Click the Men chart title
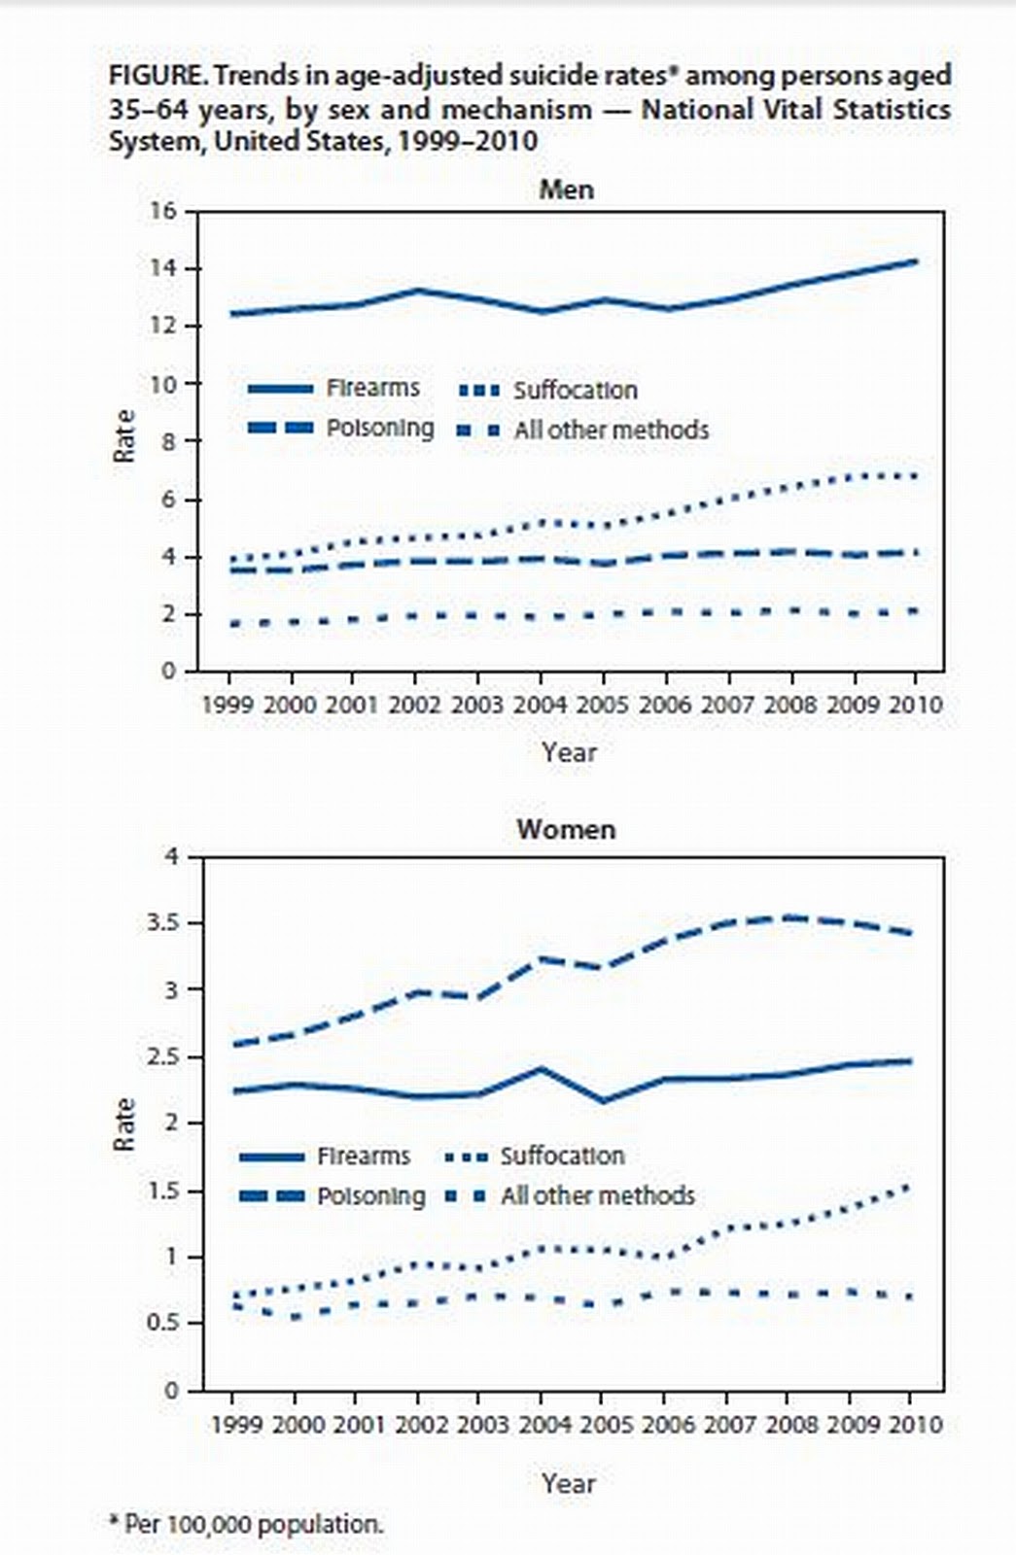point(566,189)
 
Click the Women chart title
point(566,830)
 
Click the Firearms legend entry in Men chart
point(372,388)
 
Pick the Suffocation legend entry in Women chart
point(562,1156)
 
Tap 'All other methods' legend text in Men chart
point(611,430)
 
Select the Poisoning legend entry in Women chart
point(370,1195)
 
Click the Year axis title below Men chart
point(570,751)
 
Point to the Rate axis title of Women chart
point(123,1124)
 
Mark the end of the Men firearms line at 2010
point(914,260)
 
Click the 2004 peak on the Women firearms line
point(541,1069)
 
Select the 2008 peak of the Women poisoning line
point(788,916)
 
